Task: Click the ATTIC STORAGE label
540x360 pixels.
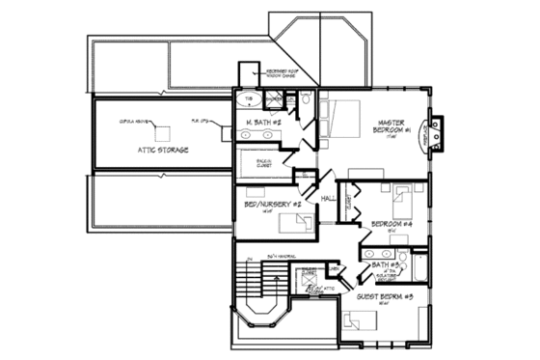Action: click(161, 151)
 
